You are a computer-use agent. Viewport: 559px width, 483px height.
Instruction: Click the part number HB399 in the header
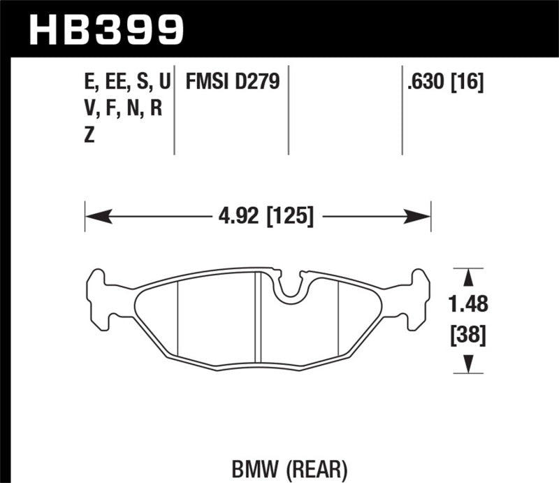point(105,29)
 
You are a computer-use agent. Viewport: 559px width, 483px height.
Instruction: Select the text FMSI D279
point(232,83)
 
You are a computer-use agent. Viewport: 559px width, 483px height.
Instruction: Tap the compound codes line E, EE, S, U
point(126,83)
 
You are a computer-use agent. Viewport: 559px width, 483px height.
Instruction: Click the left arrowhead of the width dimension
point(92,216)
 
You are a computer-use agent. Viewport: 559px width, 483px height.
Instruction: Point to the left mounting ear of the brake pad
point(98,296)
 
